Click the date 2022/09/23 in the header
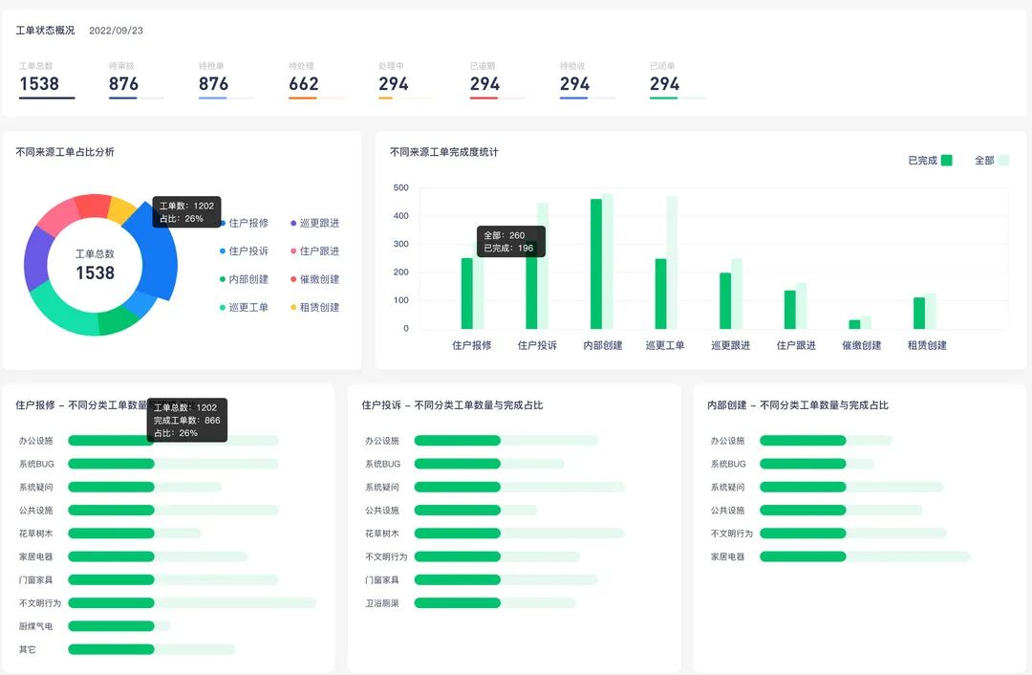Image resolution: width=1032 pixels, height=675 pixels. click(x=116, y=31)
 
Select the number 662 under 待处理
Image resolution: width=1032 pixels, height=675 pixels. click(x=304, y=84)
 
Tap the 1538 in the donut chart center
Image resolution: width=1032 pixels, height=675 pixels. click(x=95, y=273)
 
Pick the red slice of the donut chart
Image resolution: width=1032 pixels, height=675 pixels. click(x=94, y=206)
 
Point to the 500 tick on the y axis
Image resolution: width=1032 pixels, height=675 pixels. click(x=400, y=188)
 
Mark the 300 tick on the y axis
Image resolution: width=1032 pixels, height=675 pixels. click(x=400, y=245)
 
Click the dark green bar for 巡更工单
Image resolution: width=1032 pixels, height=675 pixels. click(x=660, y=294)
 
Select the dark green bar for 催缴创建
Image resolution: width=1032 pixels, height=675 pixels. click(x=854, y=324)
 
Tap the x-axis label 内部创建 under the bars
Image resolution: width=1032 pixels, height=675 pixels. click(x=603, y=346)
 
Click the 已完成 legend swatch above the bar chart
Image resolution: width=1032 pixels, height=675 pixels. click(x=946, y=161)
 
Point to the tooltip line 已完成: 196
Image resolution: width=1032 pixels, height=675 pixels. click(x=508, y=249)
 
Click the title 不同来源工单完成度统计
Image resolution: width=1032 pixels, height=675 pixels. click(x=444, y=152)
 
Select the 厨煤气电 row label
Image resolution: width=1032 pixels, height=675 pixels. click(x=36, y=626)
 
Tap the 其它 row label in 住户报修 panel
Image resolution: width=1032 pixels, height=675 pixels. click(x=28, y=649)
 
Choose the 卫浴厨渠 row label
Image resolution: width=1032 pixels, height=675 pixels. click(x=382, y=603)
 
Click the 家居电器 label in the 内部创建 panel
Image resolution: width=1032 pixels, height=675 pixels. click(x=727, y=556)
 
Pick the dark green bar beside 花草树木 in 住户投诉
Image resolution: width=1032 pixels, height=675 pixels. click(x=457, y=533)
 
